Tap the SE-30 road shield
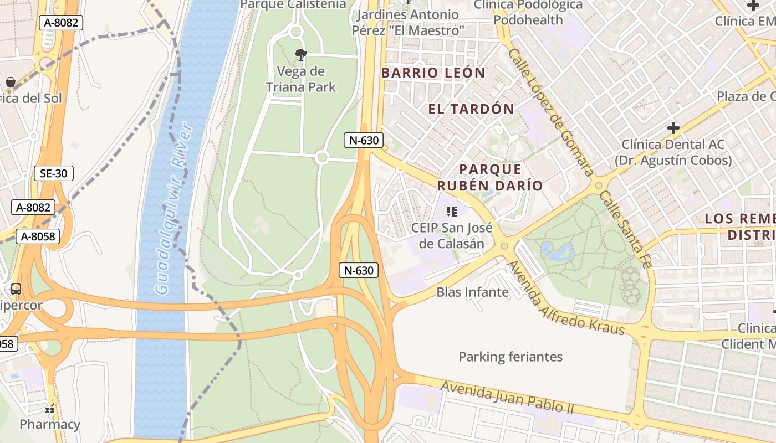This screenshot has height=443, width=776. click(54, 173)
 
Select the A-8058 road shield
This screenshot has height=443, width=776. click(38, 236)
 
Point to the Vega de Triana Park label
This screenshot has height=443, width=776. click(301, 79)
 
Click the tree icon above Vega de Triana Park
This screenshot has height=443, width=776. click(301, 54)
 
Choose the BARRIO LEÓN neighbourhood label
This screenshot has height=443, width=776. click(433, 73)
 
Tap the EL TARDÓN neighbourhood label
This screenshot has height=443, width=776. click(471, 109)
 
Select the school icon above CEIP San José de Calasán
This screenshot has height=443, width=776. click(452, 211)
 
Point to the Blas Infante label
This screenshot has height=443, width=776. click(472, 292)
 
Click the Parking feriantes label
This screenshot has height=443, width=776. click(510, 357)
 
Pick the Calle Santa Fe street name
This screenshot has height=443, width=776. click(624, 229)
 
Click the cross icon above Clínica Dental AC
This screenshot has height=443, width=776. click(673, 128)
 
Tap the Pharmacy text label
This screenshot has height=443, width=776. click(50, 425)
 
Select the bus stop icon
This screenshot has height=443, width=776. click(16, 289)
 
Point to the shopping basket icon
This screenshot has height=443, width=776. click(10, 83)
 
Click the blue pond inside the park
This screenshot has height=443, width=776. click(557, 252)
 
